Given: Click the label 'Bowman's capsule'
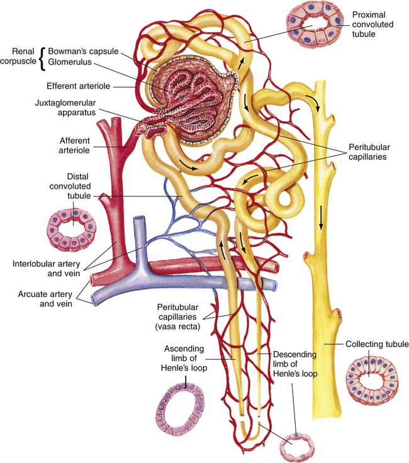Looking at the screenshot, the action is (x=83, y=52).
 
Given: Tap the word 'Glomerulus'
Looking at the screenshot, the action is (x=70, y=62).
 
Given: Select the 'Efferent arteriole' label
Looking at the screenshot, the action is (x=78, y=86).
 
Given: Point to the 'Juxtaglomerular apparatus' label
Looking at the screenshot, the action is (x=65, y=108).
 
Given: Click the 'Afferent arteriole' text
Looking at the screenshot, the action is (x=74, y=145).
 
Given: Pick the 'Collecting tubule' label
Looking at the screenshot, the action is (x=377, y=344).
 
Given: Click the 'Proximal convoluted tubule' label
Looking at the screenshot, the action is (x=373, y=24).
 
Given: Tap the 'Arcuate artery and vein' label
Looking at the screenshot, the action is (x=45, y=299).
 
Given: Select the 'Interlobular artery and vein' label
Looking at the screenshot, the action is (x=46, y=269).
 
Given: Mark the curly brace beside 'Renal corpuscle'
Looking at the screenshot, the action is (x=43, y=59).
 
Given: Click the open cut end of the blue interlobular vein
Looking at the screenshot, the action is (x=139, y=219).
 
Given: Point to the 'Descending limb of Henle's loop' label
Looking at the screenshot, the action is (x=294, y=364).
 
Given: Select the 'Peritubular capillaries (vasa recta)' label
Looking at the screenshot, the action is (x=178, y=317).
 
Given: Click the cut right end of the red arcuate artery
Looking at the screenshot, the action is (x=276, y=267).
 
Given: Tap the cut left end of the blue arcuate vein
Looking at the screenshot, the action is (x=94, y=299).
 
